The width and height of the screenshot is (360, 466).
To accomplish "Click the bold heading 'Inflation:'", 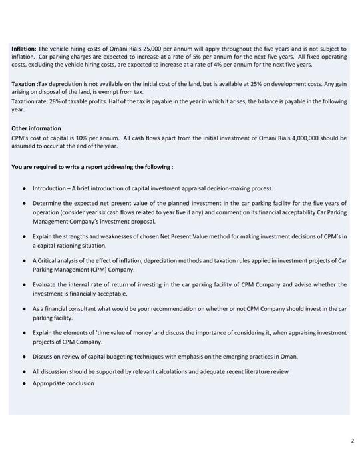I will pyautogui.click(x=24, y=49).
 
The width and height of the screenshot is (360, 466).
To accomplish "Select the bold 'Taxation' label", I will pyautogui.click(x=24, y=83).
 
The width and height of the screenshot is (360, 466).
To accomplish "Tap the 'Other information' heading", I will pyautogui.click(x=36, y=128).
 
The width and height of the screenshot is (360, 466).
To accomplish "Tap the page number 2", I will pyautogui.click(x=352, y=441).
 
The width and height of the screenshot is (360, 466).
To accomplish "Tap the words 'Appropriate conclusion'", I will pyautogui.click(x=63, y=383).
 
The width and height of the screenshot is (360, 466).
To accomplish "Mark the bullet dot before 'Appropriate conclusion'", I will pyautogui.click(x=24, y=383).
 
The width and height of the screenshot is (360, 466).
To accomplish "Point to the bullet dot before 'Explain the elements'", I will pyautogui.click(x=24, y=332).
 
